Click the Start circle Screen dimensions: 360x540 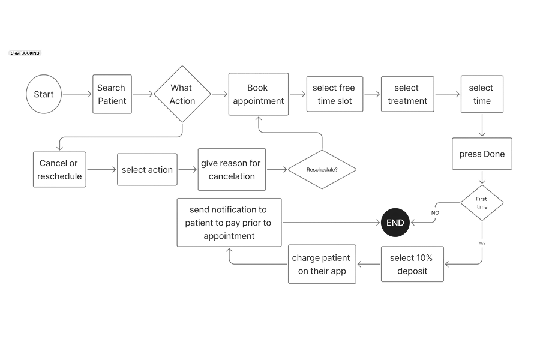point(44,95)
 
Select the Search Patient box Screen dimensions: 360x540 point(112,94)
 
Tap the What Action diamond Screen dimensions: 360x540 point(182,95)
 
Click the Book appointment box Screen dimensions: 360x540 point(258,95)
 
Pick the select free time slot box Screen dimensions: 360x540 point(334,95)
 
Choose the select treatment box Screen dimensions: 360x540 point(407,95)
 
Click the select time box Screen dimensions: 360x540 point(481,95)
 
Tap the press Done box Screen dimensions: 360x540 point(482,154)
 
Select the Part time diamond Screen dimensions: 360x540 point(482,203)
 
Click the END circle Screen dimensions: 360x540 point(395,223)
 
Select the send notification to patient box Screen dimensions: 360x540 point(229,223)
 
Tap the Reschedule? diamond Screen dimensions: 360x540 point(322,170)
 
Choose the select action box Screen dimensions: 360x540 point(147,170)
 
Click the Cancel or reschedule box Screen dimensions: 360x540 point(59,170)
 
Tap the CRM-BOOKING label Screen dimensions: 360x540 point(25,53)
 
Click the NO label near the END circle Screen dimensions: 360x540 point(436,212)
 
